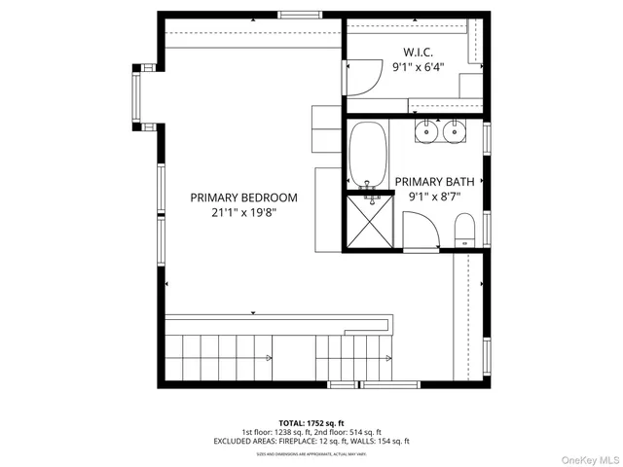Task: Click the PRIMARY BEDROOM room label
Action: click(243, 198)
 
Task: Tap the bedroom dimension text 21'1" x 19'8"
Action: click(243, 212)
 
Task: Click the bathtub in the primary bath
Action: click(368, 154)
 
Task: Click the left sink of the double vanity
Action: click(427, 129)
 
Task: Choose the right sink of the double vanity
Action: click(453, 129)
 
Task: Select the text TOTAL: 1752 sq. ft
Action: click(311, 423)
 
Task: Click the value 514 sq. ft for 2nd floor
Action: click(365, 432)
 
